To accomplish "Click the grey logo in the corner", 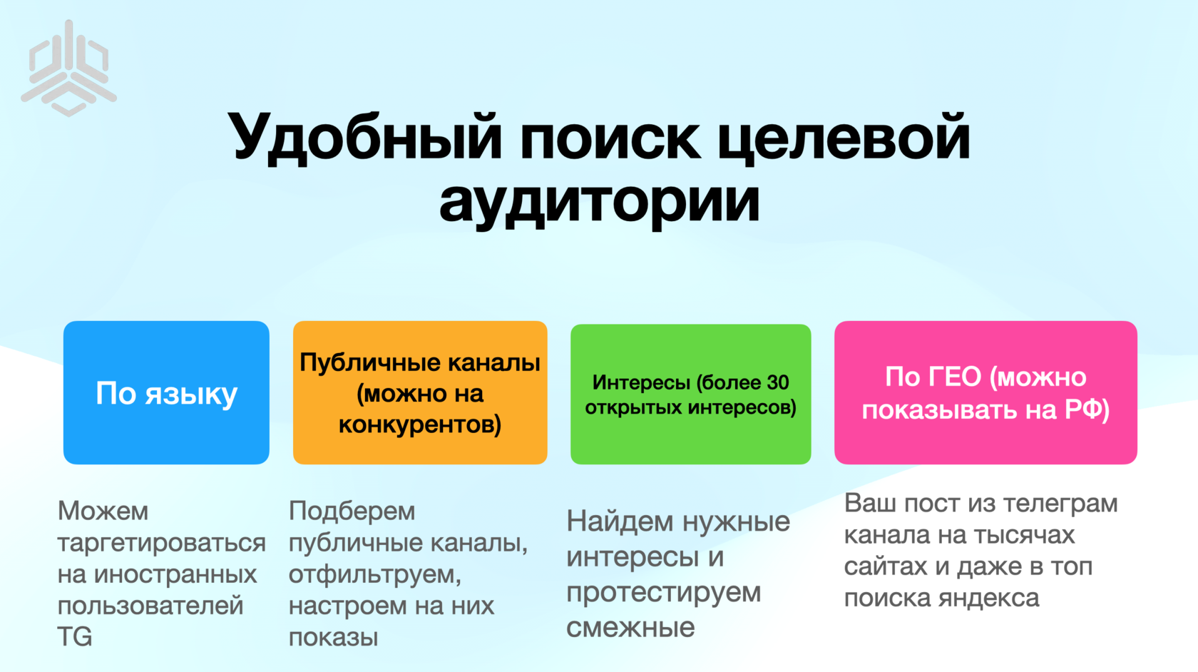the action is click(68, 68).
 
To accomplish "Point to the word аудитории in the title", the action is click(600, 203).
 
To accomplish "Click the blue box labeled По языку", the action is click(166, 392).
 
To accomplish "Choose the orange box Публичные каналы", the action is click(420, 392).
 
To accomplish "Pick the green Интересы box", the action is click(690, 394).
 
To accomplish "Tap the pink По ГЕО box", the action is click(985, 392).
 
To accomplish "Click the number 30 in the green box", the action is click(777, 382).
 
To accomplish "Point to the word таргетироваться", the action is click(161, 544).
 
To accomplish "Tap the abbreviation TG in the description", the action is click(74, 636).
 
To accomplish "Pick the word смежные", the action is click(630, 628).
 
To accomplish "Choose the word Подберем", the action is click(352, 511).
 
